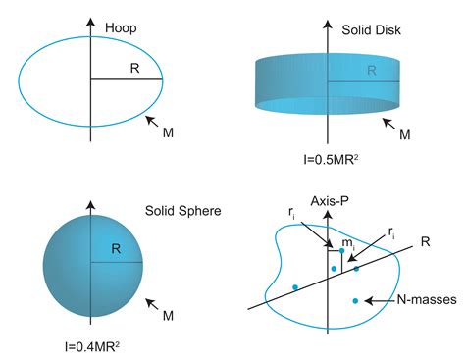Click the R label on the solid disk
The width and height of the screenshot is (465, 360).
(372, 70)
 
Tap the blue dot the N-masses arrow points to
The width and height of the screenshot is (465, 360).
(355, 300)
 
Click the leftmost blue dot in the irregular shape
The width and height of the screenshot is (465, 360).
(294, 287)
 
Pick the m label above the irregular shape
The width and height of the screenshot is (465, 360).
(346, 239)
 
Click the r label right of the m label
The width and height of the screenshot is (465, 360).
(392, 231)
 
